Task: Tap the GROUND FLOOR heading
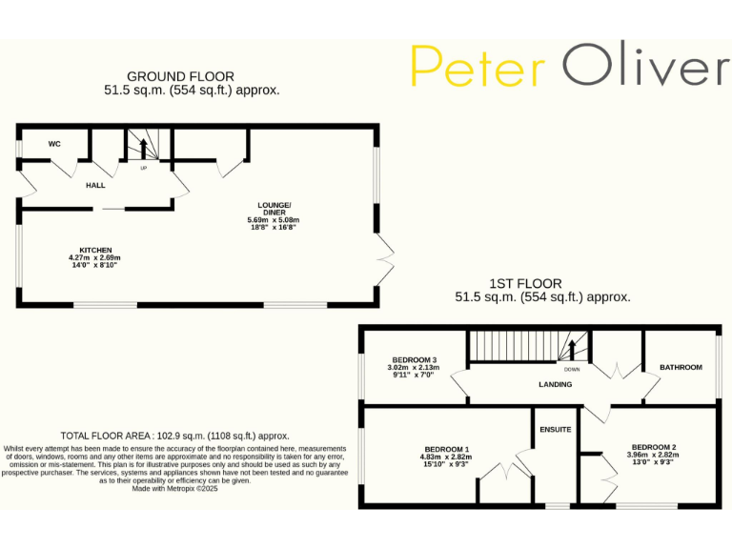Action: tap(181, 76)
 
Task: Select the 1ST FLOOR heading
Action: tap(525, 283)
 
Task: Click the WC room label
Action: tap(54, 144)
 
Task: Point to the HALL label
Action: tap(95, 185)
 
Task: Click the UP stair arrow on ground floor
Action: tap(144, 149)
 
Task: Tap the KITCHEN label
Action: tap(95, 250)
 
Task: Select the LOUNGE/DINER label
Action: tap(274, 209)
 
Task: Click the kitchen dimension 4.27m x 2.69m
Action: tap(94, 257)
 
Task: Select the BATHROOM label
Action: tap(681, 367)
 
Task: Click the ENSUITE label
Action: tap(555, 430)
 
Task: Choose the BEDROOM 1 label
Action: tap(446, 448)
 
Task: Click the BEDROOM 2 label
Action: tap(654, 446)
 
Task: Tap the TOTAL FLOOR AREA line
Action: tap(174, 436)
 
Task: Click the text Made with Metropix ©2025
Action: tap(175, 488)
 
